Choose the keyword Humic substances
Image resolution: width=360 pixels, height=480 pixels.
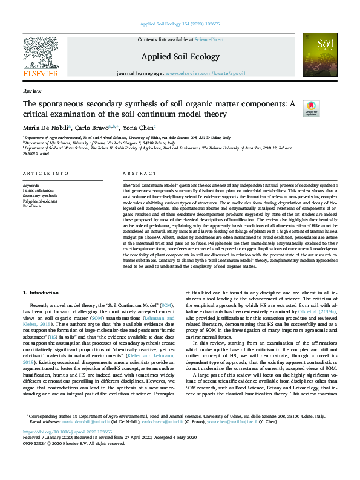pos(40,190)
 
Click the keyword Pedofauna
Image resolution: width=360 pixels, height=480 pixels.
pos(33,205)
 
